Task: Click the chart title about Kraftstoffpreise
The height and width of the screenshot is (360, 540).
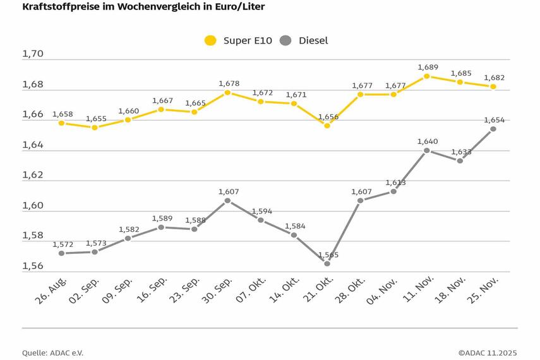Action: tap(143, 7)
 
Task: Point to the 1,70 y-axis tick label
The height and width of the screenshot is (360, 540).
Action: tap(33, 54)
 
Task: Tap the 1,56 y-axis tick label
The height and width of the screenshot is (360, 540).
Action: tap(33, 266)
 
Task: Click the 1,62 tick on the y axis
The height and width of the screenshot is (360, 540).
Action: tap(33, 175)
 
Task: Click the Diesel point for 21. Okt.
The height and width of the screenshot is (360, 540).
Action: tap(327, 263)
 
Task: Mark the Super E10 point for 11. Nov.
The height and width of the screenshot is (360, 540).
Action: tap(427, 76)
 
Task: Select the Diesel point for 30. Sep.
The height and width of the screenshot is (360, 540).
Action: tap(228, 200)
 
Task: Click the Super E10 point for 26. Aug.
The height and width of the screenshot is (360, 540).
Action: tap(61, 123)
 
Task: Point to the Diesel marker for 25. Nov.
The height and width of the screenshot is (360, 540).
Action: tap(493, 129)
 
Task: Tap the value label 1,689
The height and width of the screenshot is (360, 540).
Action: tap(428, 66)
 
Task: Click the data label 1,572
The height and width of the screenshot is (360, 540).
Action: tap(63, 244)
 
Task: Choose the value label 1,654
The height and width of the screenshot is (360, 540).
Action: tap(494, 119)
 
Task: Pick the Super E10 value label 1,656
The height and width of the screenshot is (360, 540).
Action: tap(328, 116)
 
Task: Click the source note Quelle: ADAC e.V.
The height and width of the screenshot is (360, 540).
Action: tap(52, 352)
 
